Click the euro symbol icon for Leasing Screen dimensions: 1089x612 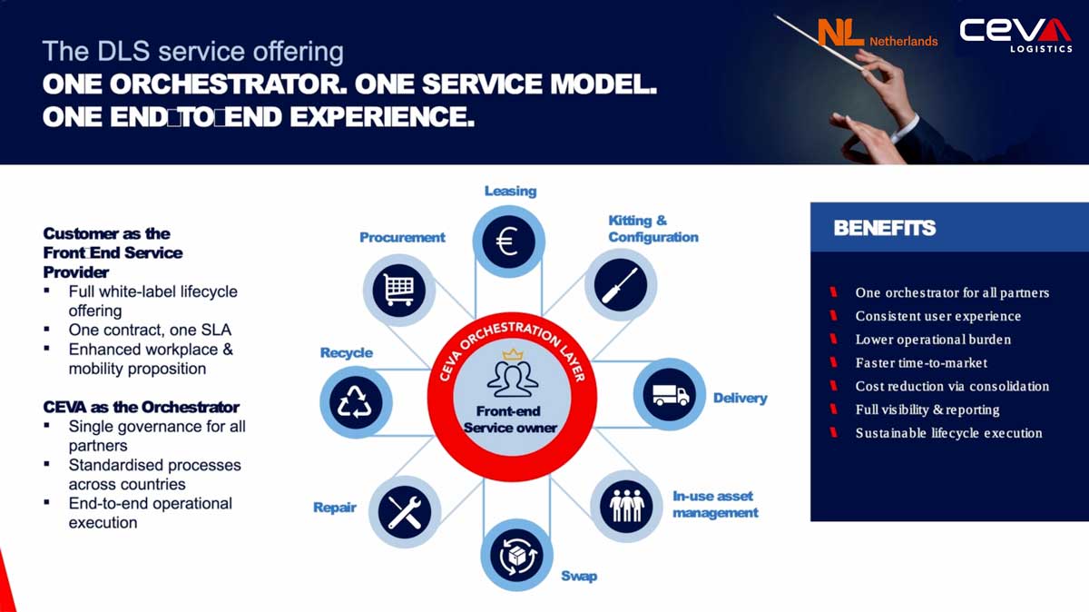coord(508,242)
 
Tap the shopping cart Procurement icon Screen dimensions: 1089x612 coord(399,290)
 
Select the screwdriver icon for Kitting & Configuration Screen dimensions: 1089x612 coord(620,285)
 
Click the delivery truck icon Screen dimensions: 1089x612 coord(671,395)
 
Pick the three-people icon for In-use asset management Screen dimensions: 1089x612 coord(627,506)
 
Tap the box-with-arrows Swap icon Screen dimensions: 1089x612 coord(516,556)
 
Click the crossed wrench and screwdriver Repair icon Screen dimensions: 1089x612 coord(405,512)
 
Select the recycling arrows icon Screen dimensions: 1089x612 coord(356,402)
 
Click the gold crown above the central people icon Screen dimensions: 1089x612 coord(513,354)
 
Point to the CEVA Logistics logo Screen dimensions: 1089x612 coord(1015,35)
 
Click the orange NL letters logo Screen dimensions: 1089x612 coord(840,33)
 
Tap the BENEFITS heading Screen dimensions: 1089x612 coord(884,228)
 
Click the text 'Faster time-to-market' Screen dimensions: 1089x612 coord(921,363)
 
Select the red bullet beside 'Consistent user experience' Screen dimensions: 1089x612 coord(833,316)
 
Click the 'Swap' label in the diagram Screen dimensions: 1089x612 coord(579,576)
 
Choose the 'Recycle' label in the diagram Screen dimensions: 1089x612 coord(346,352)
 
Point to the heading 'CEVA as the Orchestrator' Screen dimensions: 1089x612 coord(141,407)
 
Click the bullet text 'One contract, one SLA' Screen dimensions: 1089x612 coord(150,330)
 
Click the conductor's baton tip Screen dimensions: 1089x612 coord(776,16)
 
